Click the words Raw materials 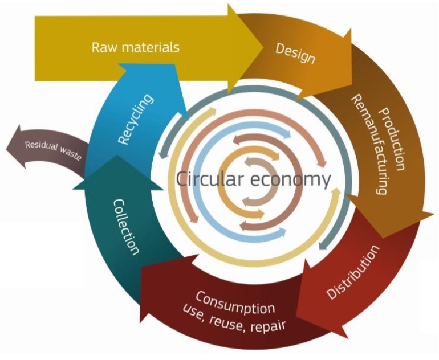point(135,47)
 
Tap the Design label point(295,53)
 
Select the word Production point(392,139)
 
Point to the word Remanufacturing point(369,144)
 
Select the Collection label point(126,227)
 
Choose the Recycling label point(136,119)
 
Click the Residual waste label point(53,151)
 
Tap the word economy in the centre point(291,181)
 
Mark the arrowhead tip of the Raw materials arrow point(263,48)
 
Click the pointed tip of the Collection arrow point(117,156)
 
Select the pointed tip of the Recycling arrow point(120,64)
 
